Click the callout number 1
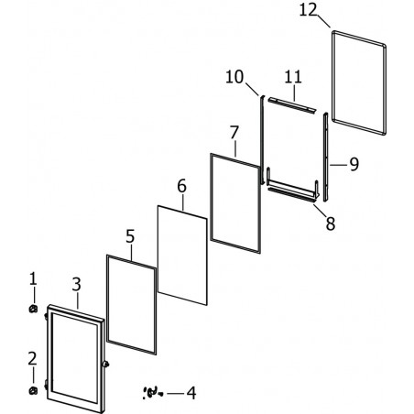33,278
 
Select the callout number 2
32,359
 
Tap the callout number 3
76,284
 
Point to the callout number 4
191,393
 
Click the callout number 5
130,236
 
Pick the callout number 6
181,186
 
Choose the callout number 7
234,132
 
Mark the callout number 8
331,223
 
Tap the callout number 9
354,164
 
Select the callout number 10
234,77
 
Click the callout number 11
293,77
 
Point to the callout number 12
308,10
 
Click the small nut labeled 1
33,309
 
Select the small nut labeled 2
33,390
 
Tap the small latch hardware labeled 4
152,392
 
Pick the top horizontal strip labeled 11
291,105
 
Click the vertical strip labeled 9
326,157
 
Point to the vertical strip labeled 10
262,139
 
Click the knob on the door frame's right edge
106,364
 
